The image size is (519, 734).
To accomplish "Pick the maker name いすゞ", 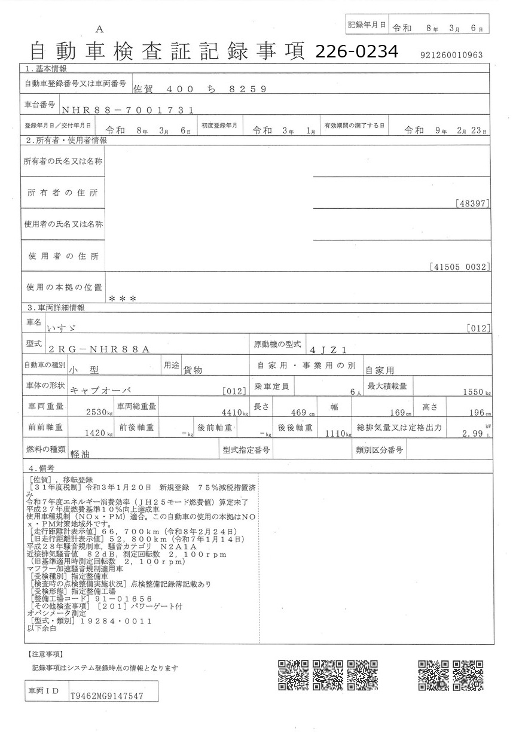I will (62, 328).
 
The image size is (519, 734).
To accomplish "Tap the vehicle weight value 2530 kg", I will (98, 413).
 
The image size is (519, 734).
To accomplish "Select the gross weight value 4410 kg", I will (233, 413).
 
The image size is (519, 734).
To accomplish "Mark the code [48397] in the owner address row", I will (472, 204).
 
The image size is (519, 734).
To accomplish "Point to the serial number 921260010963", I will (451, 55).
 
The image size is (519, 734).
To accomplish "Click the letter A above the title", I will (99, 29).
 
